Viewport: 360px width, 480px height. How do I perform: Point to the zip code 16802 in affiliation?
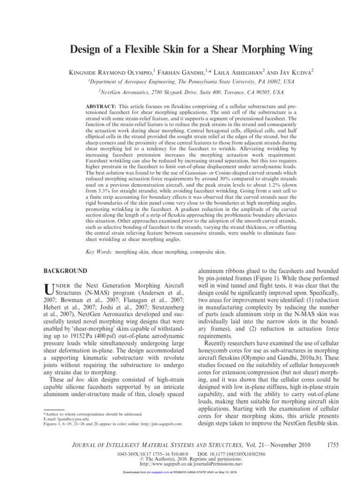(257, 81)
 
